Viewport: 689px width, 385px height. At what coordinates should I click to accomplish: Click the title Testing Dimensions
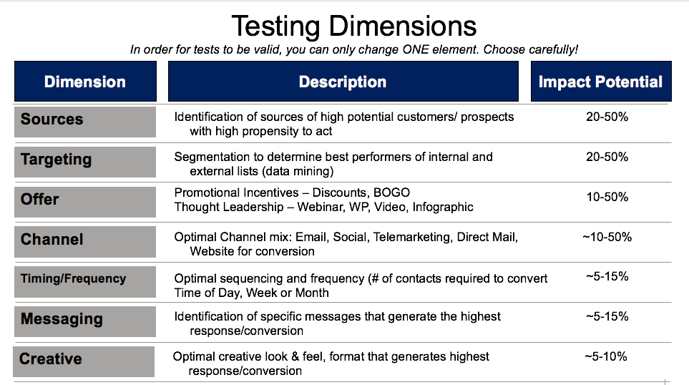(353, 26)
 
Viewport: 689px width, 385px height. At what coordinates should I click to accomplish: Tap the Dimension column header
(85, 82)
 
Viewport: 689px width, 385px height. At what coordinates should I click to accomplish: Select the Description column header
(343, 82)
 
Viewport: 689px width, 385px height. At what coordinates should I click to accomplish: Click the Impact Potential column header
(601, 82)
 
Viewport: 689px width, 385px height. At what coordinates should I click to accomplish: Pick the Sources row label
(52, 119)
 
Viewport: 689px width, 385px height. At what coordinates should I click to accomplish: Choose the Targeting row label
(57, 160)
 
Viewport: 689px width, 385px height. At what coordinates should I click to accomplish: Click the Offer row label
(39, 199)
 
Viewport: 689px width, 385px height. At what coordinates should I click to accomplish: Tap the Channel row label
(52, 239)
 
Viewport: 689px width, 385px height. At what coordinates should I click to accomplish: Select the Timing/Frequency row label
(74, 278)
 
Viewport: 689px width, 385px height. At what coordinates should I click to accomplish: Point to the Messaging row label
(62, 319)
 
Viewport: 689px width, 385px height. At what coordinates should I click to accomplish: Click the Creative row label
(51, 359)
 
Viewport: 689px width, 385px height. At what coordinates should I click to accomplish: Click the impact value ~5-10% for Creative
(606, 356)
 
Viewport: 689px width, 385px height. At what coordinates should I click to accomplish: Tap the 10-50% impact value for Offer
(607, 197)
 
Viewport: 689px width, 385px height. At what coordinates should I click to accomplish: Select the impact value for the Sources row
(607, 117)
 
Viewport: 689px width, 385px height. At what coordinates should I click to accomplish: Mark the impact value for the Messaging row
(607, 316)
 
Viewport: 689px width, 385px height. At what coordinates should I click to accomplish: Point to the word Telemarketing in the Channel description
(413, 238)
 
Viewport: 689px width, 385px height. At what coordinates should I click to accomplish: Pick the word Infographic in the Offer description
(443, 207)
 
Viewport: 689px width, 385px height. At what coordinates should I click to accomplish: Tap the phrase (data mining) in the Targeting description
(298, 172)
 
